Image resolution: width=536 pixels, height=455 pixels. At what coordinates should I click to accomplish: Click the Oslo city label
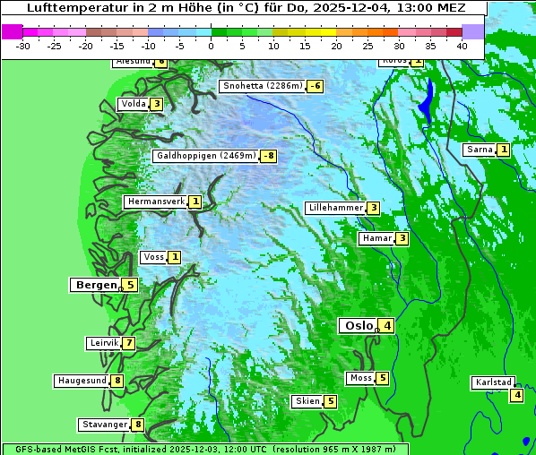tap(359, 326)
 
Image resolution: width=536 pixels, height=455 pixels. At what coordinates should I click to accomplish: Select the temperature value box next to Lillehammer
tap(373, 208)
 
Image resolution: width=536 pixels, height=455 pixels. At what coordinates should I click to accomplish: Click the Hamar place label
tap(376, 238)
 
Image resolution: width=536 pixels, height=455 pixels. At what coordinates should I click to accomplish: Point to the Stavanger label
tap(104, 425)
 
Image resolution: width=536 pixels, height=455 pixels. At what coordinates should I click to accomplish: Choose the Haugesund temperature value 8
tap(117, 381)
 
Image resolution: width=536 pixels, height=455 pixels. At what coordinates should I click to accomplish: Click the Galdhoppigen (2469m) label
tap(206, 156)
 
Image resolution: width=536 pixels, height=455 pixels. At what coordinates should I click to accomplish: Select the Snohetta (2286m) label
tap(263, 86)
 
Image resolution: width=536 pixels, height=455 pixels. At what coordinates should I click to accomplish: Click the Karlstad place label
tap(494, 382)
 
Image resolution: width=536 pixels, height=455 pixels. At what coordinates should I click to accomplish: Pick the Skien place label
tap(307, 401)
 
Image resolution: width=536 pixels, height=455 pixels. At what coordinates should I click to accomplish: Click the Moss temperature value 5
tap(383, 378)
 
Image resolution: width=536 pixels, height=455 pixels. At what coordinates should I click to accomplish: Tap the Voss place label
tap(154, 257)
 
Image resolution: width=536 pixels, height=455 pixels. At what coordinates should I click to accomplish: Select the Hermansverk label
tap(156, 202)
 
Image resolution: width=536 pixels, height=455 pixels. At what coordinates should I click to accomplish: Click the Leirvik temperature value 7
tap(129, 343)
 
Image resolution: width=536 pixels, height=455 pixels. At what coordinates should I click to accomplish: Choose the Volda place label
tap(134, 104)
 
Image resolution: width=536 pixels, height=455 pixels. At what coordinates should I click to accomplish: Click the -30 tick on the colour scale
tap(23, 45)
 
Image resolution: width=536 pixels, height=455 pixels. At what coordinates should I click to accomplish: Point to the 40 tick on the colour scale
tap(462, 45)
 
